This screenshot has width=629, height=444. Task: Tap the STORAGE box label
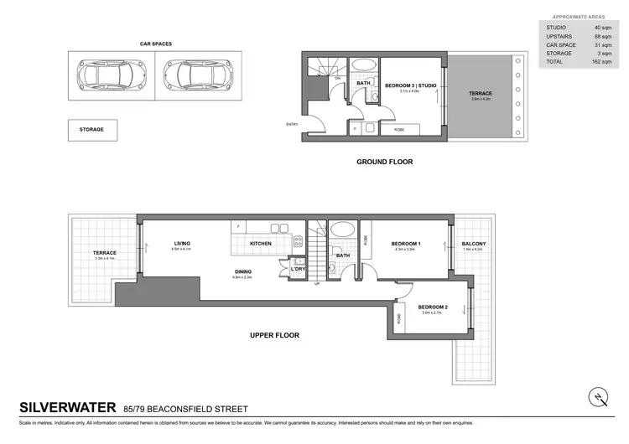(x=92, y=130)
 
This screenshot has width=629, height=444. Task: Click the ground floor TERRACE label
(x=481, y=93)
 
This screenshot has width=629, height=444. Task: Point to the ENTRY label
(x=292, y=125)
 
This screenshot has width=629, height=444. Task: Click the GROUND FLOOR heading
(x=384, y=162)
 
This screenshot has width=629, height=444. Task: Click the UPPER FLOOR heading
(x=274, y=335)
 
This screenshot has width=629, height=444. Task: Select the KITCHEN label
(x=261, y=244)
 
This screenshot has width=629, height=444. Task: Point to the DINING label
(x=243, y=271)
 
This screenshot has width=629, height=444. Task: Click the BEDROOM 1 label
(x=406, y=244)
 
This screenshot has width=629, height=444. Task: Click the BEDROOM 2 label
(x=433, y=307)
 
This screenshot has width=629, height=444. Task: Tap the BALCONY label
(x=474, y=244)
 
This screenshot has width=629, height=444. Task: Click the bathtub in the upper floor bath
(x=343, y=230)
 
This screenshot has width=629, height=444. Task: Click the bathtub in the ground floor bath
(x=363, y=66)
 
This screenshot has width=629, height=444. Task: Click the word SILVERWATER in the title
(x=68, y=409)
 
